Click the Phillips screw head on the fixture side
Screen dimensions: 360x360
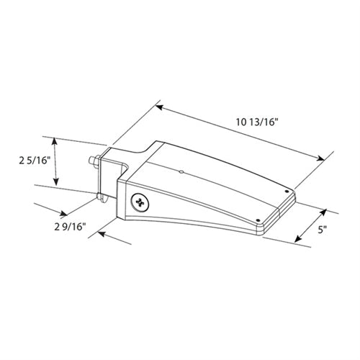[x=138, y=203]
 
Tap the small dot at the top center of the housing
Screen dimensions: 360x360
[x=181, y=171]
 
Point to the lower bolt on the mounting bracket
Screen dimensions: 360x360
[x=99, y=195]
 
